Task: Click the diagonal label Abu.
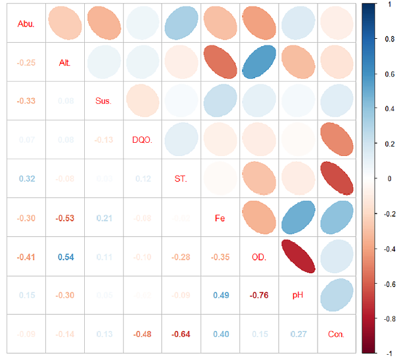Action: click(x=26, y=25)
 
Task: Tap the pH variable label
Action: click(x=298, y=295)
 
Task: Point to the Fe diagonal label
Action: click(x=220, y=218)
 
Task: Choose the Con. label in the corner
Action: click(x=336, y=334)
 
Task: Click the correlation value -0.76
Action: click(x=258, y=295)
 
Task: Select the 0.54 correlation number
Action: click(x=64, y=257)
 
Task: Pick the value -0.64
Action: click(x=181, y=334)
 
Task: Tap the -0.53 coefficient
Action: click(x=64, y=218)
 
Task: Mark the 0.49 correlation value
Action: click(x=220, y=295)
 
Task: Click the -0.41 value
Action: click(x=26, y=257)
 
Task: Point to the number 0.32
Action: click(x=26, y=178)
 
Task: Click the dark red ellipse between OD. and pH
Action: click(x=298, y=257)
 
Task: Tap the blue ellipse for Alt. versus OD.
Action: click(x=258, y=63)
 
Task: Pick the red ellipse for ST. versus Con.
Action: click(x=336, y=178)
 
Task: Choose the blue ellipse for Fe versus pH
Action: click(x=298, y=218)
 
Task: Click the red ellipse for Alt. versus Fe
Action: click(x=220, y=63)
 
